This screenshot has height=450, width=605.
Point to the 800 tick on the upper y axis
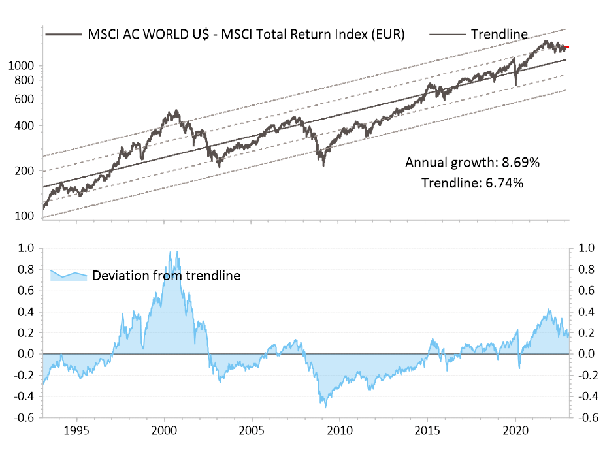27,80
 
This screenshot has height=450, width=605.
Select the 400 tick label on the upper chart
27,125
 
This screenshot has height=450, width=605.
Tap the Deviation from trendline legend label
166,276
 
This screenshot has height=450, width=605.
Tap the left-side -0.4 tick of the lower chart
25,396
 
